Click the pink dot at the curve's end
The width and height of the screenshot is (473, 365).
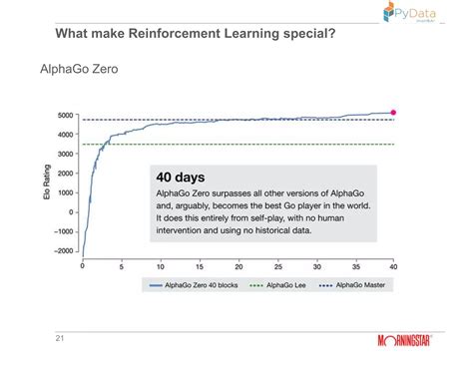[x=393, y=113]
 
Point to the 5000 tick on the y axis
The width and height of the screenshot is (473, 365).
[x=66, y=115]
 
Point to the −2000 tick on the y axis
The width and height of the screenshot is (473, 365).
[x=64, y=250]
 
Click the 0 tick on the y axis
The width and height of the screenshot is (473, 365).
[x=73, y=211]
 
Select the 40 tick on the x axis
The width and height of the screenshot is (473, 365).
[x=393, y=267]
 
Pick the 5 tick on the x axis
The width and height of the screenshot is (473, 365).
[x=122, y=267]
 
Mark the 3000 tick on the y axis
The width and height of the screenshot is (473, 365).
[x=66, y=154]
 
